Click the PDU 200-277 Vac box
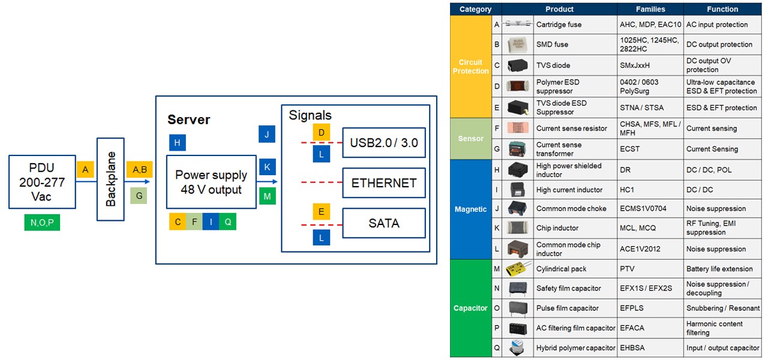[42, 182]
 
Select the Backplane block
[110, 179]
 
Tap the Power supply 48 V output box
[211, 182]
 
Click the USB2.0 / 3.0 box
[384, 143]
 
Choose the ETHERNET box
[384, 183]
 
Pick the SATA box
[384, 223]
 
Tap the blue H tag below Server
[178, 142]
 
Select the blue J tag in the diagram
[267, 134]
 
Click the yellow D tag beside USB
[322, 132]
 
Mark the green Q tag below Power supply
[227, 221]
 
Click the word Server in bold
[188, 119]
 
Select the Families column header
[650, 9]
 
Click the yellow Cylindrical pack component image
[517, 269]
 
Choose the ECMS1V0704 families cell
[650, 209]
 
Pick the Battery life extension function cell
[723, 269]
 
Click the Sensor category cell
[471, 139]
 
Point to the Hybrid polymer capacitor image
[517, 348]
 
